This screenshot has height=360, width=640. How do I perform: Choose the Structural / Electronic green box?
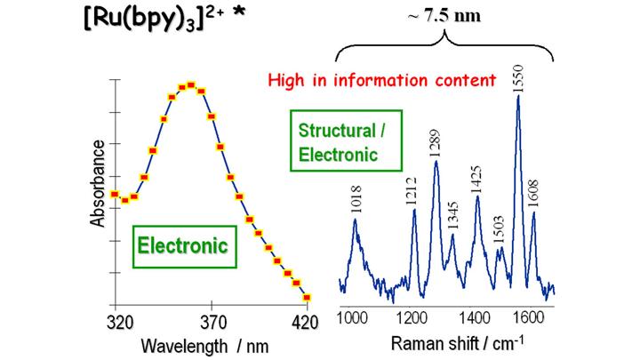click(x=338, y=142)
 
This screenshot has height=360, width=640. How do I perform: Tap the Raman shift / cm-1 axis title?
click(x=446, y=343)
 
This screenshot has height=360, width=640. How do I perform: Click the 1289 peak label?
click(x=435, y=142)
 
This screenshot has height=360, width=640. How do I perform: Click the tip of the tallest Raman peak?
click(x=518, y=96)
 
